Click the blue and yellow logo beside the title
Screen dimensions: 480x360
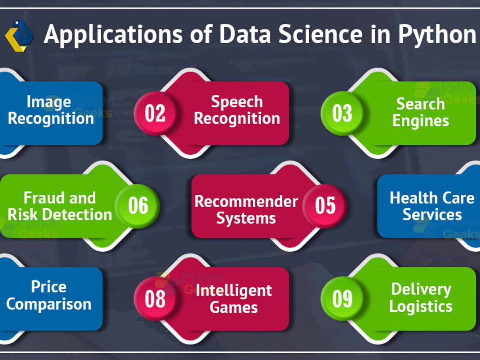19,36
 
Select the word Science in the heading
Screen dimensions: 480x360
320,34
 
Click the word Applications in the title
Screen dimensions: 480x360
113,35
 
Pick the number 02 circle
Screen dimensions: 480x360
155,113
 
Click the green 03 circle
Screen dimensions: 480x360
342,113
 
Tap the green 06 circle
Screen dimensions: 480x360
138,206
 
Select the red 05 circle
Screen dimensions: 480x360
325,206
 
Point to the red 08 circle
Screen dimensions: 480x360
155,298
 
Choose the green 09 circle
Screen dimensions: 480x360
342,298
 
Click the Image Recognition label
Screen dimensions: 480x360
51,111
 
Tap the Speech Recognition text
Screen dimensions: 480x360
237,111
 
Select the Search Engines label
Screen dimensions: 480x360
420,112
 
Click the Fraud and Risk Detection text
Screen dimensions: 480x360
60,206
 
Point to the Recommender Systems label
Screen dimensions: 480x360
246,209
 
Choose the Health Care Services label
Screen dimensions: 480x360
432,206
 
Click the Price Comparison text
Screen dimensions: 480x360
48,295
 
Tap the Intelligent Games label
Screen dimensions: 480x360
234,298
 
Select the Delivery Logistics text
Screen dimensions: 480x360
421,298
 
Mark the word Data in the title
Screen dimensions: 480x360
245,34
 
